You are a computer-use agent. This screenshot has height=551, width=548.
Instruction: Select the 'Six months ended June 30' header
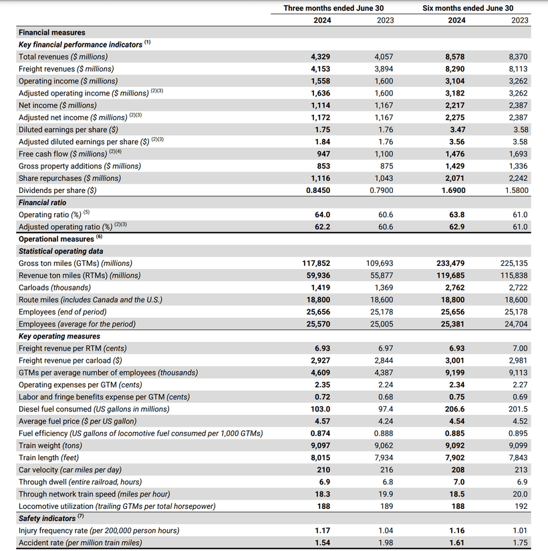click(x=468, y=8)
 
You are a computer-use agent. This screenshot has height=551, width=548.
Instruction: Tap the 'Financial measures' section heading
click(x=52, y=32)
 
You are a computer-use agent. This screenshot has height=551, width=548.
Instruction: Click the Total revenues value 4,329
click(x=319, y=57)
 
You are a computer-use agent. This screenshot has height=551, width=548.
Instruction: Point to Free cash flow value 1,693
click(x=517, y=154)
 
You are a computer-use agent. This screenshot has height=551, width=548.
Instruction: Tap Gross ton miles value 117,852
click(x=316, y=263)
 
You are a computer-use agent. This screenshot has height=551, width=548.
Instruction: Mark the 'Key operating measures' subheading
click(x=59, y=336)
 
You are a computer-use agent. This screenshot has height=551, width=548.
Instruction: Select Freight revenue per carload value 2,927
click(x=319, y=361)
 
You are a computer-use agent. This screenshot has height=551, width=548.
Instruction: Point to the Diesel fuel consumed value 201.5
click(x=518, y=409)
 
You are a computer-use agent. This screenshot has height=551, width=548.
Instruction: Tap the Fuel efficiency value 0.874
click(x=320, y=433)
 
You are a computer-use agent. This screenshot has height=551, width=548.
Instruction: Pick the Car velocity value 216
click(x=387, y=470)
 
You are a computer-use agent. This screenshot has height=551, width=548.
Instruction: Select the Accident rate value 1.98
click(x=386, y=542)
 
